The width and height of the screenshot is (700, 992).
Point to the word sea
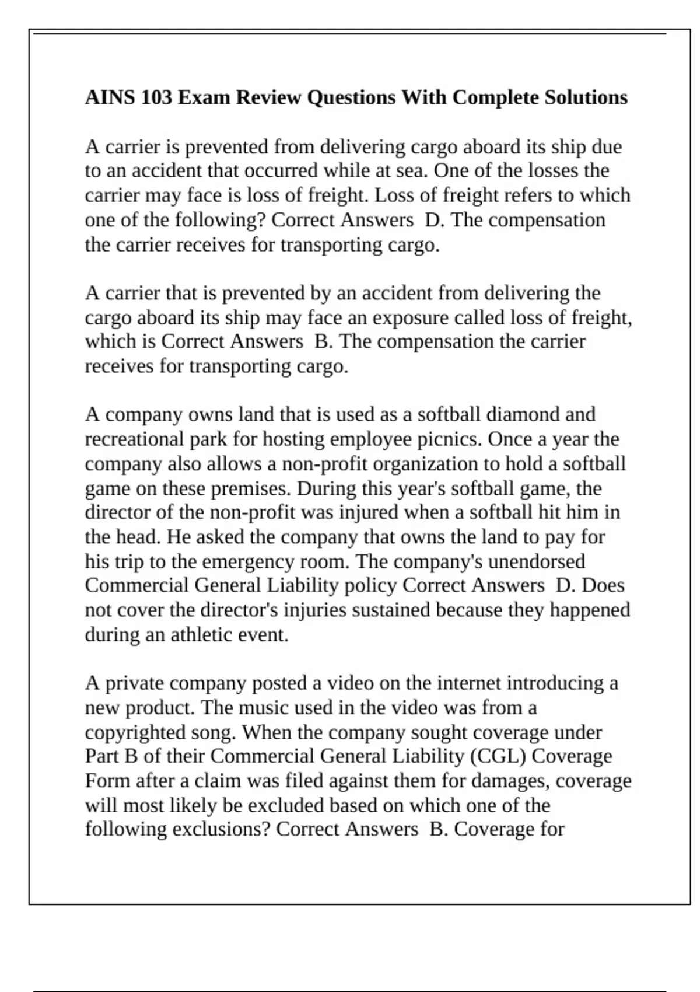tap(412, 171)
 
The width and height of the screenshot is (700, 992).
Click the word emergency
tap(247, 561)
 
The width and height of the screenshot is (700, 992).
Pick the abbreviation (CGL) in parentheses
tap(498, 756)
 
